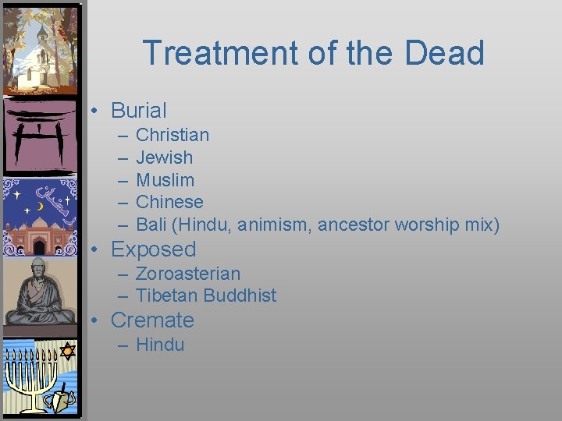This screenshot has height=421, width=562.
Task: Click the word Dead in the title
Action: pyautogui.click(x=444, y=53)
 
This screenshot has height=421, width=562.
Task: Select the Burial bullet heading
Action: pyautogui.click(x=138, y=111)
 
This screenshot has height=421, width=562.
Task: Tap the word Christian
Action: pyautogui.click(x=173, y=135)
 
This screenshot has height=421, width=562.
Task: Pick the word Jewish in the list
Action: pyautogui.click(x=164, y=157)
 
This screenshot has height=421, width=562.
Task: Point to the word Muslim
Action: pyautogui.click(x=165, y=180)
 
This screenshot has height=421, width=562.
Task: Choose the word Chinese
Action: pyautogui.click(x=169, y=202)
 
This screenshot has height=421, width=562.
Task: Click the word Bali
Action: pyautogui.click(x=151, y=225)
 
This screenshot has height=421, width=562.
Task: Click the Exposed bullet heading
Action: pyautogui.click(x=153, y=249)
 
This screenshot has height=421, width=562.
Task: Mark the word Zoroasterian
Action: pyautogui.click(x=188, y=274)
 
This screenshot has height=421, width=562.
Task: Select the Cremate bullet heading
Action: pyautogui.click(x=152, y=320)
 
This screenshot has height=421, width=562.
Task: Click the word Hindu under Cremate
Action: pyautogui.click(x=160, y=345)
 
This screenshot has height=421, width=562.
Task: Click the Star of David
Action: pyautogui.click(x=67, y=351)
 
